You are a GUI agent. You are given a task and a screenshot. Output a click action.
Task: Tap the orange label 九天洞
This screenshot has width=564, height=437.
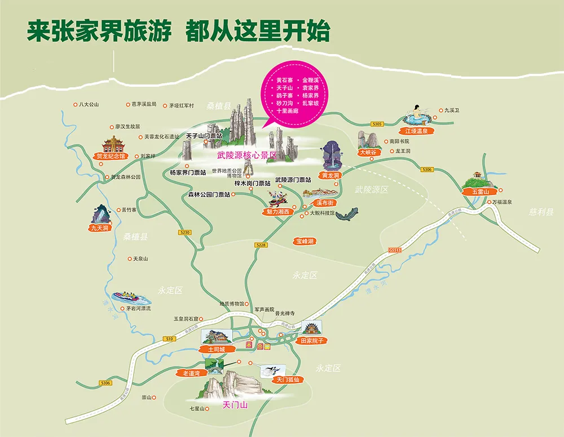tap(99, 228)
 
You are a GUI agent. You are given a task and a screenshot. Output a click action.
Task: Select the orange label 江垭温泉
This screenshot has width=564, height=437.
tap(417, 131)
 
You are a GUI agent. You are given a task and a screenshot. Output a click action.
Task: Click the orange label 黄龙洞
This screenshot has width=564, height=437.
tap(331, 175)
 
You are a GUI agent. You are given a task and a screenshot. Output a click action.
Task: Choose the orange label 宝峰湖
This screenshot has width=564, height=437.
tap(305, 241)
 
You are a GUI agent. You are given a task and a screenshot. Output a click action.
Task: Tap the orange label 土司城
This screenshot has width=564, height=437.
tap(217, 349)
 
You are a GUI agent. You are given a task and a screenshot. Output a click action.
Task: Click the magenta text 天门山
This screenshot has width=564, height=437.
tap(235, 404)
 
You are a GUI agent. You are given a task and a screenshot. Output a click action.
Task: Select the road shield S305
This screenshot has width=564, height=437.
tap(377, 124)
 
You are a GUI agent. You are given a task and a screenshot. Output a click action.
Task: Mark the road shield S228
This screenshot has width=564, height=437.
tap(260, 245)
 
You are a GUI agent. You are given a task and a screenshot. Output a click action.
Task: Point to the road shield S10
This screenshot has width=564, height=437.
tap(169, 338)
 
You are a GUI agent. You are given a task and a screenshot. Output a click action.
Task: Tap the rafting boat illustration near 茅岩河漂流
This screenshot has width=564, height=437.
tap(127, 297)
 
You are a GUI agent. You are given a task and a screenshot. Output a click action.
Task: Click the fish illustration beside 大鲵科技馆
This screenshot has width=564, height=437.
tap(347, 214)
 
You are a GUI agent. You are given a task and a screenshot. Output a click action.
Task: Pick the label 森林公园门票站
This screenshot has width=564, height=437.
tap(209, 195)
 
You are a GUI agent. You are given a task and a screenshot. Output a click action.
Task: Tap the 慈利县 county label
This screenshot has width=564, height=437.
tap(541, 212)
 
